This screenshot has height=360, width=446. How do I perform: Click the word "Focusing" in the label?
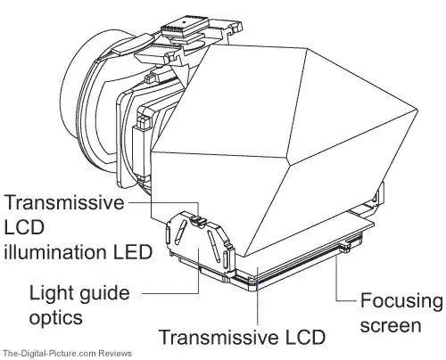(x=401, y=302)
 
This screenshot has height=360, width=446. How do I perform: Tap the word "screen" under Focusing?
(x=391, y=325)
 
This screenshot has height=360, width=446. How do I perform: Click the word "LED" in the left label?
(x=133, y=251)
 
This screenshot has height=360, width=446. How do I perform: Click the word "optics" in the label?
(x=55, y=318)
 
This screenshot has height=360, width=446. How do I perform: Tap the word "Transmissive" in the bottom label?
(x=219, y=337)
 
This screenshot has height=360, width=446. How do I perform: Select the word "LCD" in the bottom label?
(x=305, y=337)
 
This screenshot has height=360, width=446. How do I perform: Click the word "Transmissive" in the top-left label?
(x=64, y=202)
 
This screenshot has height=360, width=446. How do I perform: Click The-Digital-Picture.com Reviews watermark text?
(x=66, y=354)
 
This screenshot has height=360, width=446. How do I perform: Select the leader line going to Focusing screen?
(x=336, y=282)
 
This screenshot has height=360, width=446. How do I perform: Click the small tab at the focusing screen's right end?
(x=346, y=249)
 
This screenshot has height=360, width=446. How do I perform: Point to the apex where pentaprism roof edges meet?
(x=287, y=163)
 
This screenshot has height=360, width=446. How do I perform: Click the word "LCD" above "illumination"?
(x=24, y=227)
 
